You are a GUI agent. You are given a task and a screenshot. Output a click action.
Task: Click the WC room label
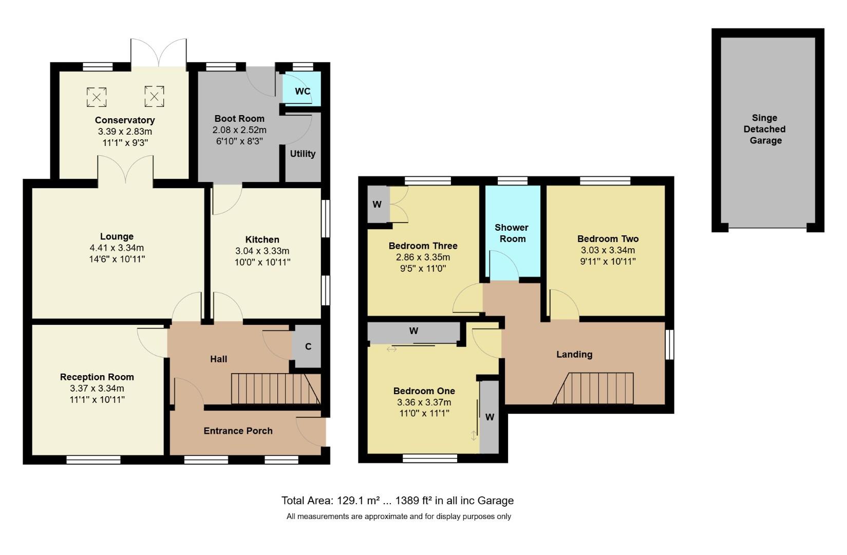pyautogui.click(x=303, y=91)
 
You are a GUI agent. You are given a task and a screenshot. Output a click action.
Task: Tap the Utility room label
pyautogui.click(x=303, y=154)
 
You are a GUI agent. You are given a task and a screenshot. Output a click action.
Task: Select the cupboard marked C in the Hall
pyautogui.click(x=308, y=346)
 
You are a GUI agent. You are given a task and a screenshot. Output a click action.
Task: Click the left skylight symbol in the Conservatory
pyautogui.click(x=96, y=97)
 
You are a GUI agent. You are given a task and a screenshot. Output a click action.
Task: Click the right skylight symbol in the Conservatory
pyautogui.click(x=154, y=96)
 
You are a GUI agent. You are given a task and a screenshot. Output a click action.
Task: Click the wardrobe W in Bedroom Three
pyautogui.click(x=378, y=205)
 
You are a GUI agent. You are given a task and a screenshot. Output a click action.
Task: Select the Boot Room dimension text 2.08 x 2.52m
pyautogui.click(x=239, y=130)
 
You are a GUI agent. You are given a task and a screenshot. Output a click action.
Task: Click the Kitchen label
pyautogui.click(x=262, y=239)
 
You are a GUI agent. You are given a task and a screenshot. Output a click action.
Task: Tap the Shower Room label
pyautogui.click(x=512, y=233)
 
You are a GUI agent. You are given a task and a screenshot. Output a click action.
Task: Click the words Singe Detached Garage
pyautogui.click(x=765, y=129)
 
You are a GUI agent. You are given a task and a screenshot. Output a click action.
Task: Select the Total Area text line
pyautogui.click(x=397, y=501)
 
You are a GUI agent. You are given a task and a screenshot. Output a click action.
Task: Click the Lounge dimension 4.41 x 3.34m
pyautogui.click(x=117, y=248)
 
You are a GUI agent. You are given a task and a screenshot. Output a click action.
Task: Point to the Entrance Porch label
pyautogui.click(x=238, y=431)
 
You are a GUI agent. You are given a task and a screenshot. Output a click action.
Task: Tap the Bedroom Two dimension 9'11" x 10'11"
pyautogui.click(x=608, y=262)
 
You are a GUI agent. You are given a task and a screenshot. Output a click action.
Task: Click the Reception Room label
pyautogui.click(x=97, y=377)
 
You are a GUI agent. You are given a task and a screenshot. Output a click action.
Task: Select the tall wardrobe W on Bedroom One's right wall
pyautogui.click(x=490, y=417)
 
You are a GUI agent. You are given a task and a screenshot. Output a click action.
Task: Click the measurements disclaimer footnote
pyautogui.click(x=399, y=516)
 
